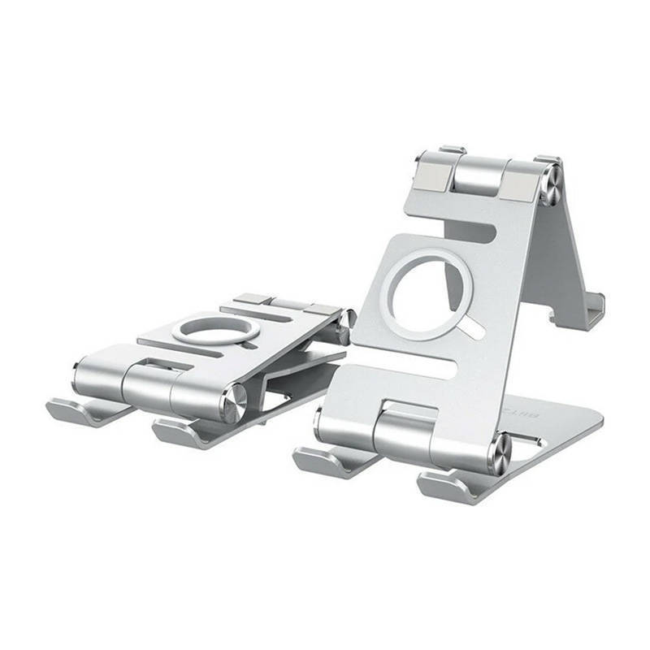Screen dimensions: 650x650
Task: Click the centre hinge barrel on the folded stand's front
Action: click(150, 382)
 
